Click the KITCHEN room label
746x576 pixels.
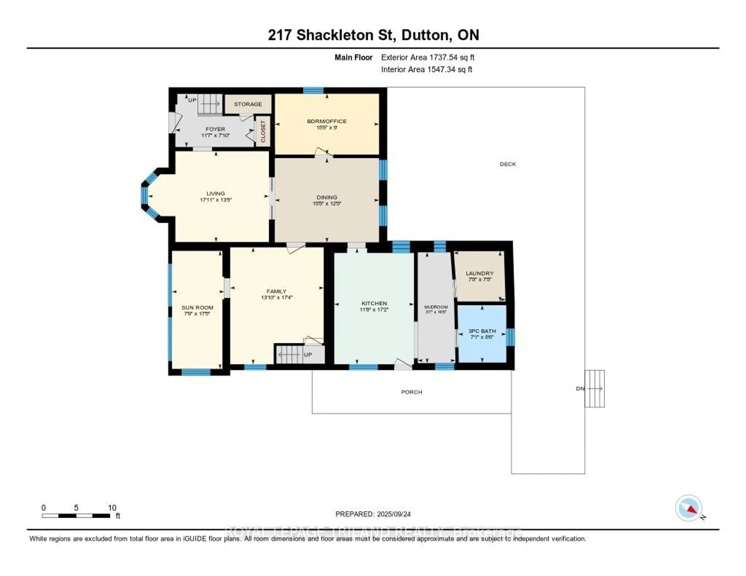(374, 303)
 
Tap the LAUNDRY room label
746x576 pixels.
(480, 273)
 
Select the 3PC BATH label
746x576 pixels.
(482, 331)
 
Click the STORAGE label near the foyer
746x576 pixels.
(248, 104)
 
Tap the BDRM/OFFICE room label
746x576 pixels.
(327, 121)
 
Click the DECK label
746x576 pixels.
(508, 164)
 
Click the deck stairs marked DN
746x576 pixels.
(594, 389)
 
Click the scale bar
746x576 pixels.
(76, 516)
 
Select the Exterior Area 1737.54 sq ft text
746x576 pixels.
(428, 57)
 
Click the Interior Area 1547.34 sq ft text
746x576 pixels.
(427, 69)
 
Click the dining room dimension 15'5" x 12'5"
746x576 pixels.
(327, 204)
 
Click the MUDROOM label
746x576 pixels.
(436, 307)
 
